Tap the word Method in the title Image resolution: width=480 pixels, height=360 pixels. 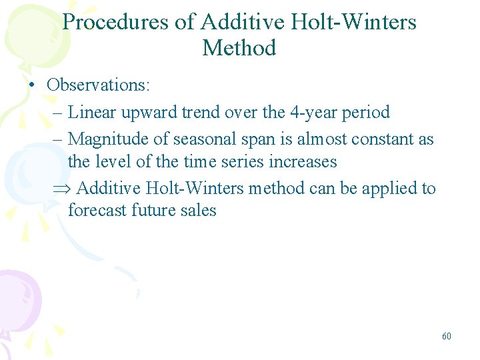(239, 48)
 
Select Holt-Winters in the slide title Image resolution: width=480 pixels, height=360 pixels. (354, 22)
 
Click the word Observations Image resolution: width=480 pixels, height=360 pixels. (99, 86)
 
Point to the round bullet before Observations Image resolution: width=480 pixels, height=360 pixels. (31, 87)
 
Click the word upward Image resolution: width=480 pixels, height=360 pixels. (142, 112)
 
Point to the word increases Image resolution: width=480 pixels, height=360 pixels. (303, 161)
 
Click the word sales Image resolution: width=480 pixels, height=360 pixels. (199, 211)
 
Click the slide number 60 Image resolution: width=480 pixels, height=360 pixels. (446, 337)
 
